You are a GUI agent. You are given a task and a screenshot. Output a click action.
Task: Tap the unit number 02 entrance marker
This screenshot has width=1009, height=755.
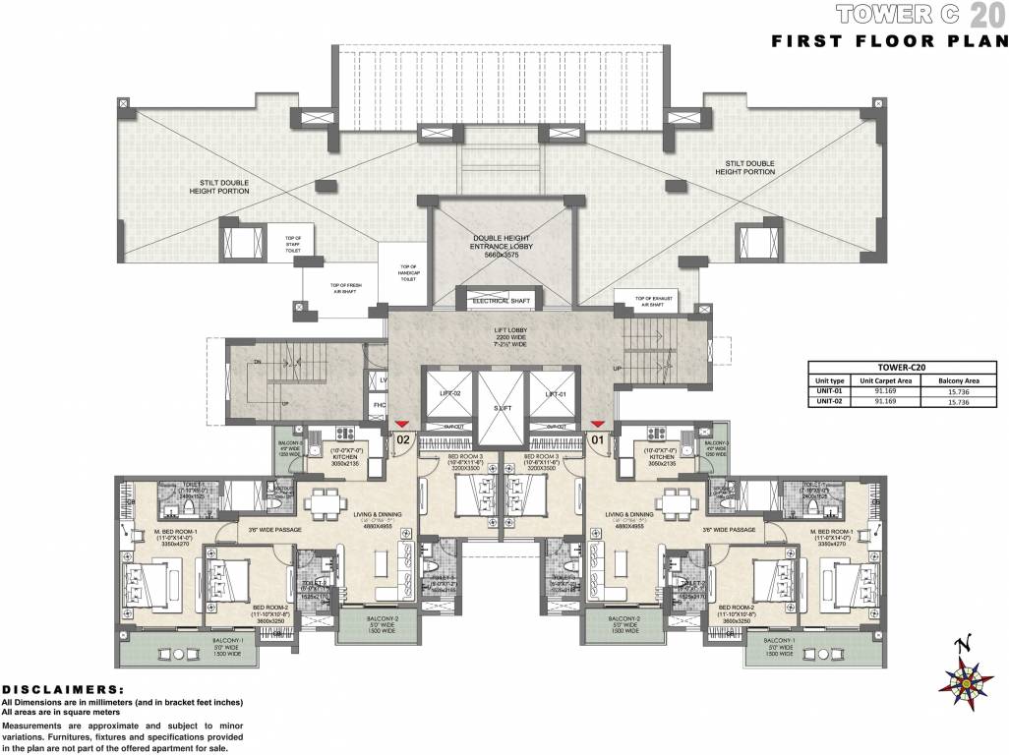tap(402, 439)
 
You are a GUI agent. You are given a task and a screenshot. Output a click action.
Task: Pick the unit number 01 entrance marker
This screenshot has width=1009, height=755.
tap(596, 439)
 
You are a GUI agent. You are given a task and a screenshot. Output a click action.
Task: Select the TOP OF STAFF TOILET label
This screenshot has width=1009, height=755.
tap(292, 242)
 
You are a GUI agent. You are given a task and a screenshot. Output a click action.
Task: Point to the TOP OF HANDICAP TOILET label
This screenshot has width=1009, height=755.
tap(408, 272)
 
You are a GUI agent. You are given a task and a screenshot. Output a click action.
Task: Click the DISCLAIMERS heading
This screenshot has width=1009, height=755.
tap(63, 689)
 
